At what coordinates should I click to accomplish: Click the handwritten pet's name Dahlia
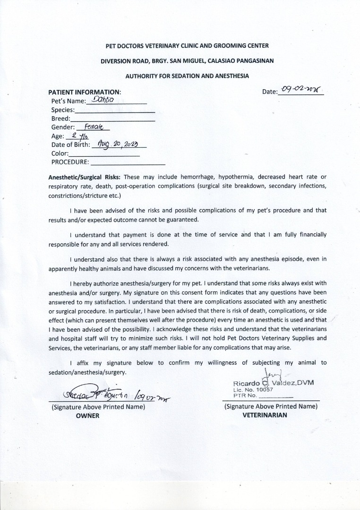click(x=101, y=100)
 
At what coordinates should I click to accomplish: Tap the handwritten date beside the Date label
click(x=300, y=90)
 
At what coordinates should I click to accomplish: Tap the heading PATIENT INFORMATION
click(x=85, y=92)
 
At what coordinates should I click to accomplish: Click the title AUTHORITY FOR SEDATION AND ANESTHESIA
click(x=187, y=76)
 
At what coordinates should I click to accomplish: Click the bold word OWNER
click(x=88, y=416)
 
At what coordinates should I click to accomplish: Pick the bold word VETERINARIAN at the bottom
click(x=265, y=416)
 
